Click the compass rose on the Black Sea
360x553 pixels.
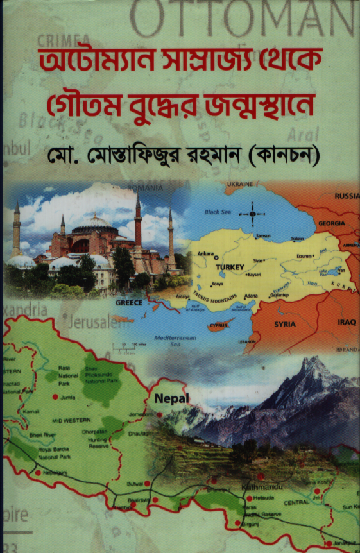tap(252, 213)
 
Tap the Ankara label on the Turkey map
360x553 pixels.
tap(206, 253)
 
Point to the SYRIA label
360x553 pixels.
tap(285, 325)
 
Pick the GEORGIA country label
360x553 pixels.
tap(330, 223)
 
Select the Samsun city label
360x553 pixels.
tap(263, 236)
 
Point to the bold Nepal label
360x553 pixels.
tap(170, 398)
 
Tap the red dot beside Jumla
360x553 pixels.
tap(54, 397)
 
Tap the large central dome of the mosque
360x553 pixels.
tap(94, 223)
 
